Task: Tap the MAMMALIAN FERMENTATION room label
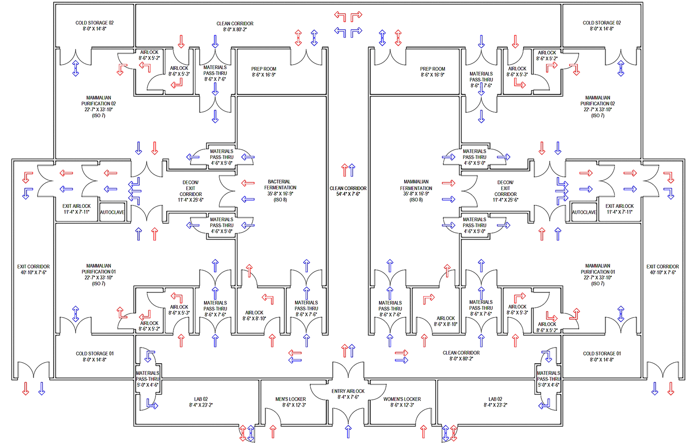coord(416,185)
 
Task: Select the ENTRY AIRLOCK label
coord(348,391)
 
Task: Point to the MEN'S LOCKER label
coord(290,399)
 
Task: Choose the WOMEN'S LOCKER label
coord(402,399)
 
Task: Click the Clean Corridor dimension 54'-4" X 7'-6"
coord(348,194)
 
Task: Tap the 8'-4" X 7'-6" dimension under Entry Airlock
coord(348,397)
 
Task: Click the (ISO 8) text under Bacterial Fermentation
coord(280,200)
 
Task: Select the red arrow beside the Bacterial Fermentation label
coord(248,183)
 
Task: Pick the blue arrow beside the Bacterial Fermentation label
coord(248,199)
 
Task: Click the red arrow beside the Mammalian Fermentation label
coord(449,183)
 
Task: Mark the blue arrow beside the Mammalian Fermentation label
coord(449,199)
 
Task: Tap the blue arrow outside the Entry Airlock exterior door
coord(348,432)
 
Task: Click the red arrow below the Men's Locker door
coord(273,432)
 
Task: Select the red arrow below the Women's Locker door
coord(424,432)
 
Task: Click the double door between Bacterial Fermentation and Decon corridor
coord(227,191)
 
